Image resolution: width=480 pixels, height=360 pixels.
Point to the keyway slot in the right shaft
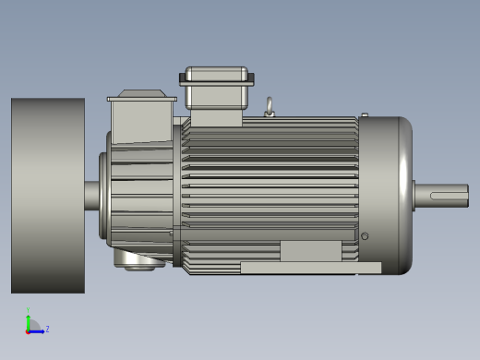(x=449, y=195)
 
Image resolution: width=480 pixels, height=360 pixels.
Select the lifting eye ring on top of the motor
(x=270, y=107)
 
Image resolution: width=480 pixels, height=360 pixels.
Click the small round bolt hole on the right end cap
(x=365, y=237)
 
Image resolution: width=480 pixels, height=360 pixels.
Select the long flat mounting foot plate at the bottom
(x=310, y=268)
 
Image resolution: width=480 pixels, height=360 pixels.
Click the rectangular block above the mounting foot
(x=310, y=251)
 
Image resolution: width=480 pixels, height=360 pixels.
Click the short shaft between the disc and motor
(x=92, y=196)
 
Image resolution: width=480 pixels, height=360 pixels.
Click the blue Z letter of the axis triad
(x=47, y=329)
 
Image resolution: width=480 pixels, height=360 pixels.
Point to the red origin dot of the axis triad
(x=28, y=330)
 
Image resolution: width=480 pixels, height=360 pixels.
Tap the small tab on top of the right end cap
(x=365, y=114)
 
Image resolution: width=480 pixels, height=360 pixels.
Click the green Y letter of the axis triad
(x=28, y=311)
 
